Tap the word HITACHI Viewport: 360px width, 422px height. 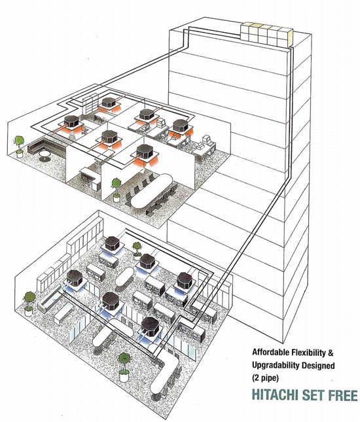(x=275, y=395)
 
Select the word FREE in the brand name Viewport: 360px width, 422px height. (x=342, y=395)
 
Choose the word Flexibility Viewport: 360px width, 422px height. (x=308, y=352)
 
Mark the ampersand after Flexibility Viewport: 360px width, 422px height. (x=331, y=352)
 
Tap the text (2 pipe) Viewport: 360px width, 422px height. (x=265, y=378)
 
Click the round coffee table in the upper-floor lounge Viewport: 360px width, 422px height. (x=45, y=156)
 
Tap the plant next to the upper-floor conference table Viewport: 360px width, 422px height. (x=117, y=190)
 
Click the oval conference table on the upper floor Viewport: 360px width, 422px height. (x=151, y=190)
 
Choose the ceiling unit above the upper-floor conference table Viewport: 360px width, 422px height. (x=145, y=152)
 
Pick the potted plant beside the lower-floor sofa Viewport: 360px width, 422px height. (x=29, y=304)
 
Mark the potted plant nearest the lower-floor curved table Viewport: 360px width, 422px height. (x=124, y=367)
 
